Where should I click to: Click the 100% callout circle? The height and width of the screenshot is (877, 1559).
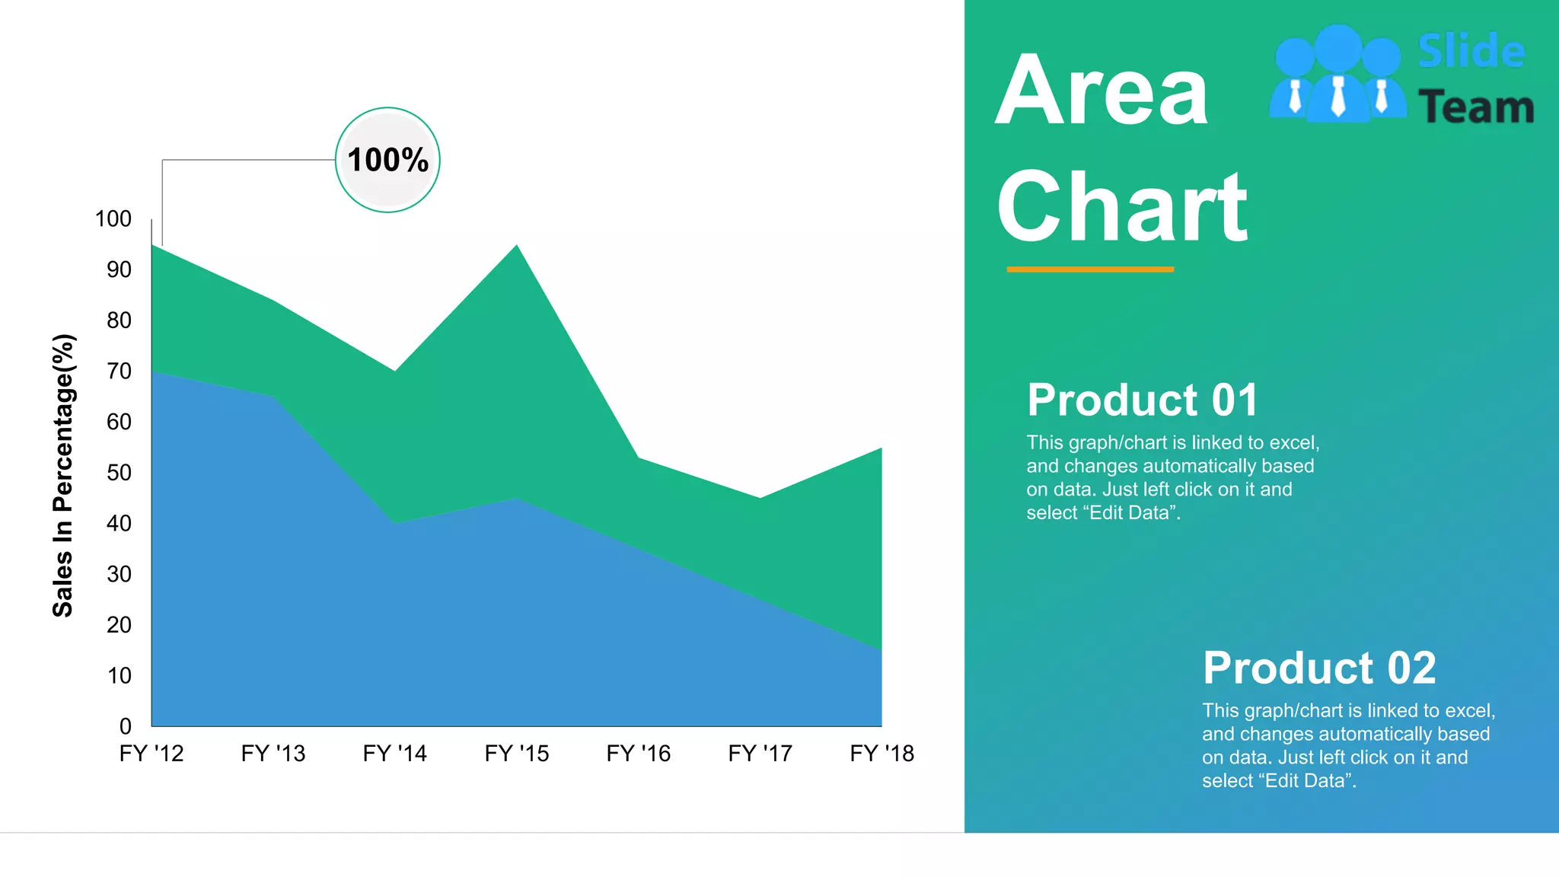(x=387, y=160)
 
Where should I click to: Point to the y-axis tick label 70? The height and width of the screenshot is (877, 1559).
(x=119, y=372)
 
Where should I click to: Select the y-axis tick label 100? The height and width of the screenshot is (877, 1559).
(x=113, y=219)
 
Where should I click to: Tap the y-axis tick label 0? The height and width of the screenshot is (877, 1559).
(x=126, y=726)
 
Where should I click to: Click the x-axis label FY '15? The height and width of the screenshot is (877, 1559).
(x=517, y=754)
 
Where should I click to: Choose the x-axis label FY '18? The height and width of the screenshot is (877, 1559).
(x=882, y=754)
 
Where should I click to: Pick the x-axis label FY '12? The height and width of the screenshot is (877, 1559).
(x=151, y=754)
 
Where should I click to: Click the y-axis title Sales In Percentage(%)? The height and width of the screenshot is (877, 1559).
(x=63, y=475)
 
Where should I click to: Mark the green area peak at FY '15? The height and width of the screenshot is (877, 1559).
(x=517, y=246)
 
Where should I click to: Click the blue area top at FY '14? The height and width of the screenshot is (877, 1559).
(x=395, y=523)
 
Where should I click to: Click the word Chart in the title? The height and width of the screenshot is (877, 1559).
(x=1122, y=207)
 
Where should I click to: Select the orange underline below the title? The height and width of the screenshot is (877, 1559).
(x=1090, y=269)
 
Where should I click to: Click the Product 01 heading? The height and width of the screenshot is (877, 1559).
(x=1142, y=400)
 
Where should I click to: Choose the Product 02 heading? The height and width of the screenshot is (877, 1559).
(x=1319, y=668)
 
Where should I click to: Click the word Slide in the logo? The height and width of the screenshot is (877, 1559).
(x=1471, y=52)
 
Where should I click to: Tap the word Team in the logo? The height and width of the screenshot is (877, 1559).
(x=1475, y=107)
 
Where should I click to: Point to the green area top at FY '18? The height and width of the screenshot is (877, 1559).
(x=881, y=449)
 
